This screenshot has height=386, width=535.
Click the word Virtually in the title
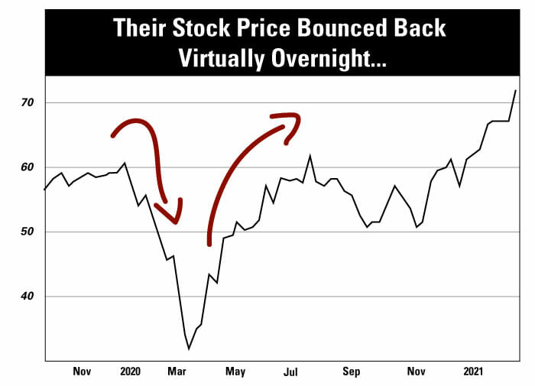(217, 59)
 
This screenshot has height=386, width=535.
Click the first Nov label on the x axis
(82, 372)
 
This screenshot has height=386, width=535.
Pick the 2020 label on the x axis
(131, 372)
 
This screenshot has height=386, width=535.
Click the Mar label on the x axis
(177, 372)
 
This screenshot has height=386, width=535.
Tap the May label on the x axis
(235, 372)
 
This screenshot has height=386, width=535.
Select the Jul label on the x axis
(290, 372)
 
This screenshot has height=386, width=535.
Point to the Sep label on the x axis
(351, 372)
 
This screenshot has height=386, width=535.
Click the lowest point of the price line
(189, 349)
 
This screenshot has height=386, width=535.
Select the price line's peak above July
(310, 156)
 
